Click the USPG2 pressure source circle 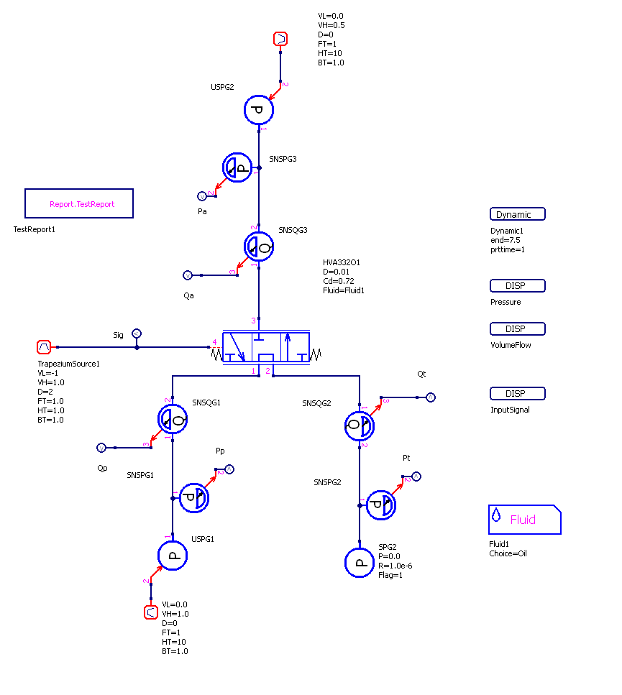pyautogui.click(x=259, y=110)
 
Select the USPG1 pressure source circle pyautogui.click(x=173, y=555)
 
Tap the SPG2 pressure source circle pyautogui.click(x=360, y=562)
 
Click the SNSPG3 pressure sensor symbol pyautogui.click(x=238, y=167)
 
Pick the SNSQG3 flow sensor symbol pyautogui.click(x=259, y=247)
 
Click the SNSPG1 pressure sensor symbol pyautogui.click(x=193, y=497)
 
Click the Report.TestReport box pyautogui.click(x=79, y=203)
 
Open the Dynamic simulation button pyautogui.click(x=517, y=214)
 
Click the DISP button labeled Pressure pyautogui.click(x=517, y=286)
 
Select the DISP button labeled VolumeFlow pyautogui.click(x=517, y=329)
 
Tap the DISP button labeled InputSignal pyautogui.click(x=517, y=394)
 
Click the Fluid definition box pyautogui.click(x=524, y=519)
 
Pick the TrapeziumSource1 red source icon pyautogui.click(x=44, y=347)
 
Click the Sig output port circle pyautogui.click(x=137, y=333)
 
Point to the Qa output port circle pyautogui.click(x=187, y=275)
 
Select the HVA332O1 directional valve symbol pyautogui.click(x=266, y=347)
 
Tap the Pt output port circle pyautogui.click(x=416, y=476)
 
